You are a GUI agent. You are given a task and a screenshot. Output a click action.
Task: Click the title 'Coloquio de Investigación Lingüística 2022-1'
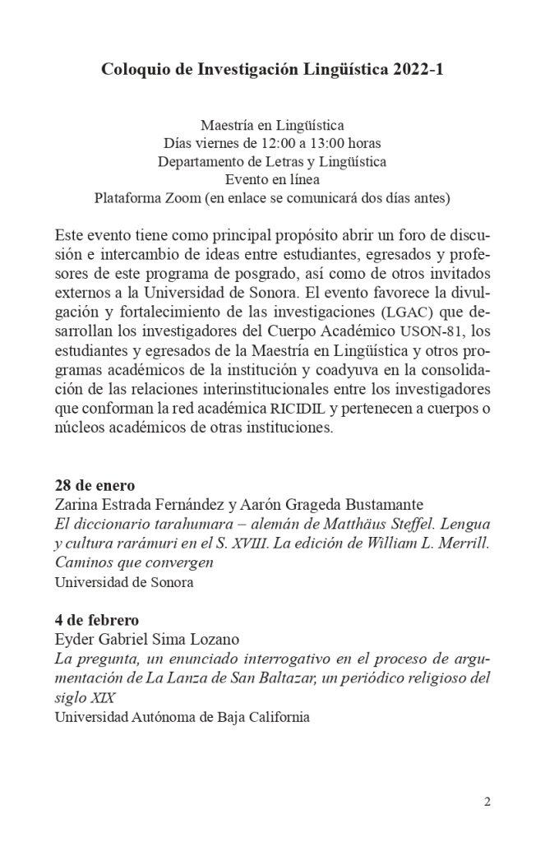(x=272, y=71)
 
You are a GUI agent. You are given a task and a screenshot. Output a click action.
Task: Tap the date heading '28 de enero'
(x=95, y=483)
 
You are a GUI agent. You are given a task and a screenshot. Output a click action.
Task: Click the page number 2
(x=487, y=803)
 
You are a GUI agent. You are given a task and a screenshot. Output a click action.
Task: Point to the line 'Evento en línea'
(x=272, y=179)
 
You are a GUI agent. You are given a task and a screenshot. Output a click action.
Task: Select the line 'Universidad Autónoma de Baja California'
(x=182, y=717)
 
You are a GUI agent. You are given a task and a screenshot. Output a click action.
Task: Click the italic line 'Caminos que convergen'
(x=134, y=563)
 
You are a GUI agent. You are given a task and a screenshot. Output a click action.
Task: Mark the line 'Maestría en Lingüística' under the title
(x=272, y=125)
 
